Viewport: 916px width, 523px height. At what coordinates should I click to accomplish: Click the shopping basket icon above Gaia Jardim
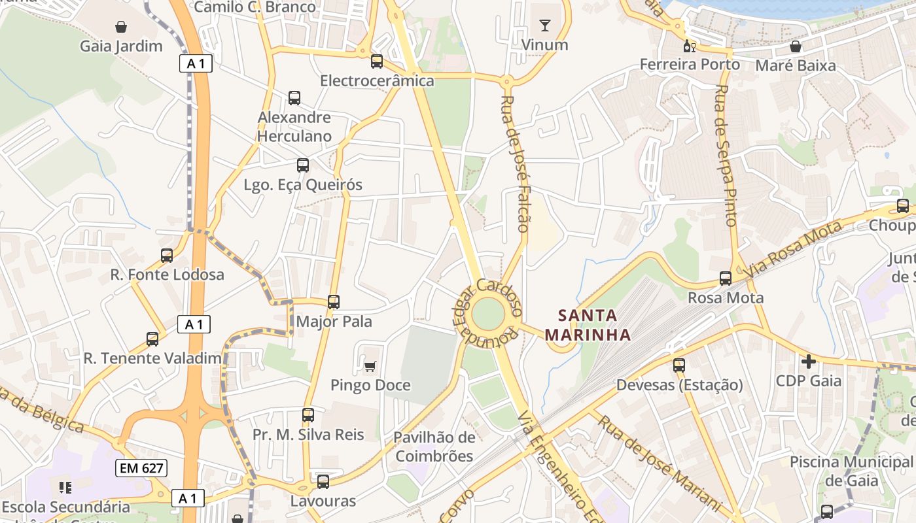pos(120,27)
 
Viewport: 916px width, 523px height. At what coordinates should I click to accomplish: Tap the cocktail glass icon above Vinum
pos(544,25)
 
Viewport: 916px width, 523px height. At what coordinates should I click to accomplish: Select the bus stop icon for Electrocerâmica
pos(377,61)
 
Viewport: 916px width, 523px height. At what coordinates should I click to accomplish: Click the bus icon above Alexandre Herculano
pos(294,98)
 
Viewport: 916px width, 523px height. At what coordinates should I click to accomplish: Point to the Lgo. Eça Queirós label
pos(302,184)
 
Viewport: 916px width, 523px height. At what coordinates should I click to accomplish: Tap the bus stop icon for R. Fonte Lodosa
pos(167,256)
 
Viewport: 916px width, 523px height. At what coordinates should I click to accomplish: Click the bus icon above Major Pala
pos(334,301)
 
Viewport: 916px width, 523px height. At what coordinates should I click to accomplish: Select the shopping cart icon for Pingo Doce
pos(370,366)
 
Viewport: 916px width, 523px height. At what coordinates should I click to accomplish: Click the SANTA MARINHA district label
pos(588,325)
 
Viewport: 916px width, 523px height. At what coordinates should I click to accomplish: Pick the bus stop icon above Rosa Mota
pos(726,278)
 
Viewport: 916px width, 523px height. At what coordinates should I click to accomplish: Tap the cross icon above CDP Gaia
pos(809,361)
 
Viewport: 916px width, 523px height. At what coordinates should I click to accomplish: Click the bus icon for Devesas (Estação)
pos(679,365)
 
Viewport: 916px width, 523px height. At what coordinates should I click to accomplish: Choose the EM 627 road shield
pos(141,468)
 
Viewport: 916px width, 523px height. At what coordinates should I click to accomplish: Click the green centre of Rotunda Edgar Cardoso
pos(487,314)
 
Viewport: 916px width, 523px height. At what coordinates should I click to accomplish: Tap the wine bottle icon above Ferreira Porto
pos(689,46)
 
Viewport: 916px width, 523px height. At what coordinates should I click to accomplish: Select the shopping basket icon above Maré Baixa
pos(796,46)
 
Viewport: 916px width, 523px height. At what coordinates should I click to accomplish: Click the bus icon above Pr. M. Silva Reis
pos(308,414)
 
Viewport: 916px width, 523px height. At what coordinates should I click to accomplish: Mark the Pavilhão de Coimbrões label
pos(434,447)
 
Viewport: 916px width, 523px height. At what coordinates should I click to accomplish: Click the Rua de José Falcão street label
pos(514,163)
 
